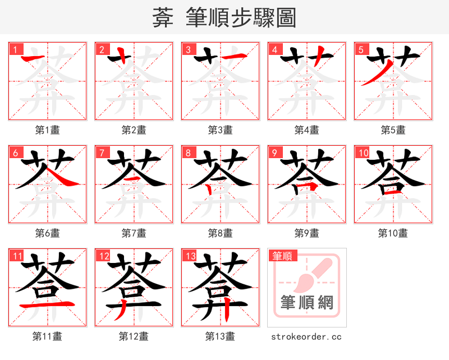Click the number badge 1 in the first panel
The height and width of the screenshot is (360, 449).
pyautogui.click(x=15, y=49)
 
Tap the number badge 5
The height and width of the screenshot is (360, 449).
pyautogui.click(x=361, y=49)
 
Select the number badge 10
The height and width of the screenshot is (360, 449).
pyautogui.click(x=362, y=153)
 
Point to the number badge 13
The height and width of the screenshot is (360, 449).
pyautogui.click(x=189, y=256)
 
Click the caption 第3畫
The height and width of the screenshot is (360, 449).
pyautogui.click(x=220, y=130)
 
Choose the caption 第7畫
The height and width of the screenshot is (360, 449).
pyautogui.click(x=134, y=233)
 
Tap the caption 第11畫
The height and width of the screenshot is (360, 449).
pyautogui.click(x=47, y=336)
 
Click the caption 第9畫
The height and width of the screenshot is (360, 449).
pyautogui.click(x=306, y=233)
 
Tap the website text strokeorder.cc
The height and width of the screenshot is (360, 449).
pyautogui.click(x=306, y=336)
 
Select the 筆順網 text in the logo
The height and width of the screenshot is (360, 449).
pyautogui.click(x=306, y=303)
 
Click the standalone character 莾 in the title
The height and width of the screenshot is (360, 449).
pyautogui.click(x=162, y=17)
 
